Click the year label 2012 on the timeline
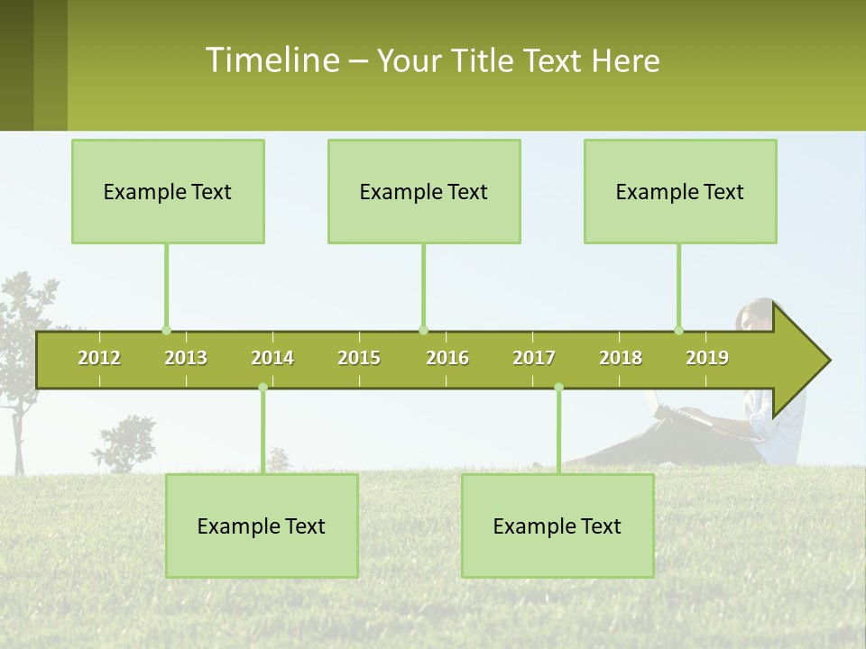click(99, 358)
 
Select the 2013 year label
click(186, 358)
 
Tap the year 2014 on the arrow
click(272, 358)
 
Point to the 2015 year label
click(359, 358)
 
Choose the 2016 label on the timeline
click(447, 358)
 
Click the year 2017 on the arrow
click(534, 358)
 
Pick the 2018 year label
click(621, 358)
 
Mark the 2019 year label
click(707, 358)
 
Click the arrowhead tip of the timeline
click(827, 361)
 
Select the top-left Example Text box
click(168, 191)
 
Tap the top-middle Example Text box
click(424, 191)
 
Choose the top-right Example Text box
click(680, 191)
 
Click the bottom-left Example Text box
click(262, 526)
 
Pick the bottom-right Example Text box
click(557, 526)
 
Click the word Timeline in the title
click(272, 60)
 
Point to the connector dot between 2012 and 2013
click(166, 330)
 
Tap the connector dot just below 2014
click(263, 388)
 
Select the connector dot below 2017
click(558, 388)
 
